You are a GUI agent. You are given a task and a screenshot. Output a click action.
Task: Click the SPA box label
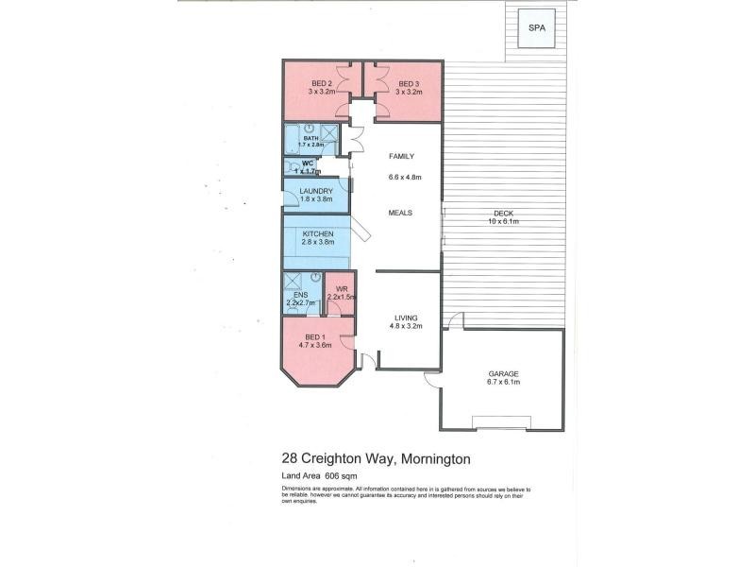click(x=534, y=27)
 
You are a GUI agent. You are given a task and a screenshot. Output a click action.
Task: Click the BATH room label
click(x=310, y=137)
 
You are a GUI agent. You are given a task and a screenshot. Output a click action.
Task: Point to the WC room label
click(x=308, y=163)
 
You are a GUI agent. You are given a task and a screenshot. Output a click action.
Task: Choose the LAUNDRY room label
click(x=315, y=191)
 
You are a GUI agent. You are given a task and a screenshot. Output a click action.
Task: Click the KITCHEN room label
click(x=317, y=233)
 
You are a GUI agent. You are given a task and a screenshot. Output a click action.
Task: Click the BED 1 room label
click(x=314, y=337)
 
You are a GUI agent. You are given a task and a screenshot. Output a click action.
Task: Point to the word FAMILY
click(x=402, y=157)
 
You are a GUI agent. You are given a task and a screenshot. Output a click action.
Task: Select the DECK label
click(x=502, y=214)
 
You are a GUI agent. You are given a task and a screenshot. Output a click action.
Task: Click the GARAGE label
click(x=503, y=374)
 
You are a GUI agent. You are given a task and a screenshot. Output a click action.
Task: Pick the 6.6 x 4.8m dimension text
click(x=404, y=177)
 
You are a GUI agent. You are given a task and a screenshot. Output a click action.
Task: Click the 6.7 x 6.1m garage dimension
click(x=503, y=383)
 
